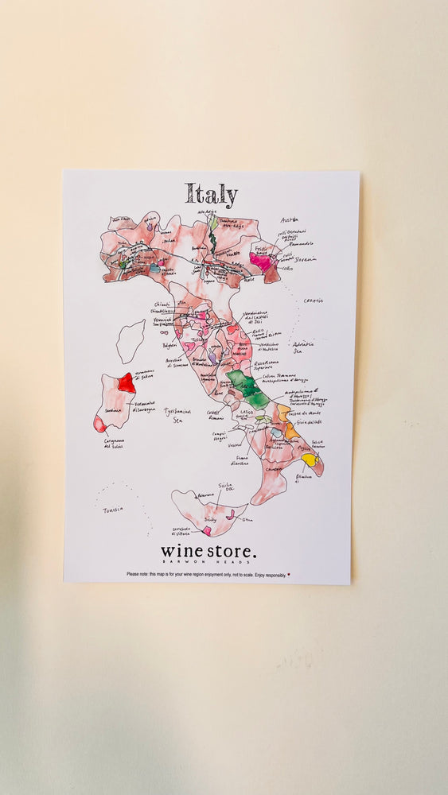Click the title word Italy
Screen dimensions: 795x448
tap(211, 195)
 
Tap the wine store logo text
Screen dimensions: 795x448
tap(208, 550)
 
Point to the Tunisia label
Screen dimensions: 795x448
tap(112, 510)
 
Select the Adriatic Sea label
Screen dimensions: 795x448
tap(303, 347)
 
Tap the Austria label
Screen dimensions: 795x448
tap(289, 220)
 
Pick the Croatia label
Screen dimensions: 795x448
tap(314, 301)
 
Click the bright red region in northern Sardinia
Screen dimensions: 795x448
tap(127, 382)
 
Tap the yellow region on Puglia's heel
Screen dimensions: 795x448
tap(309, 460)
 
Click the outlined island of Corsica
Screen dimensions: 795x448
tap(131, 340)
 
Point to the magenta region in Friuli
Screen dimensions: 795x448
tap(260, 260)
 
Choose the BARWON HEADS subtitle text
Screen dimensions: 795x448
tap(208, 561)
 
